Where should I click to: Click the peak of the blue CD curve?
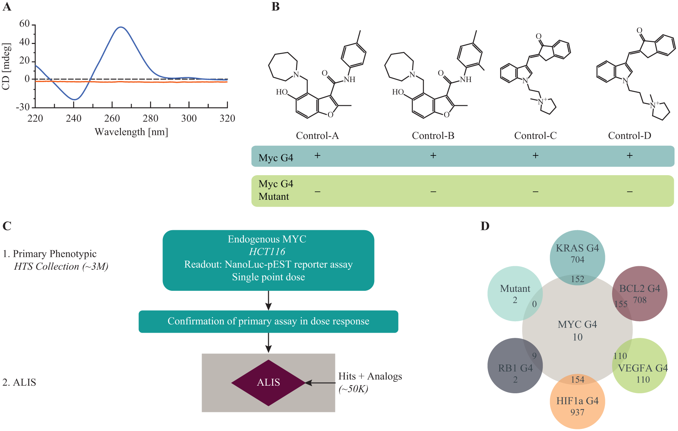(120, 27)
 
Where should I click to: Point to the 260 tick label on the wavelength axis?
(112, 119)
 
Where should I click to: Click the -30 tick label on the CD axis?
(23, 107)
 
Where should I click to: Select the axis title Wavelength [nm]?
(131, 132)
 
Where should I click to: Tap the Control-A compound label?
(317, 135)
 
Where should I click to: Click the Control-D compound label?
(629, 135)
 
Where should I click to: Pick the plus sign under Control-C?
(536, 155)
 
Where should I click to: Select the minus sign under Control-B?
(433, 191)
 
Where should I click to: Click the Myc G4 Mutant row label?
(276, 190)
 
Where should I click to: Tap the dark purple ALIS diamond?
(268, 383)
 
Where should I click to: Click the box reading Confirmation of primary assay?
(268, 322)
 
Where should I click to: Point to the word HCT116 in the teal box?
(267, 252)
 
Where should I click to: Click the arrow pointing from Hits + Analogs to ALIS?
(320, 383)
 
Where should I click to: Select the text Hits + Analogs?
(370, 376)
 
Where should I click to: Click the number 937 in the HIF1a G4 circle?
(578, 412)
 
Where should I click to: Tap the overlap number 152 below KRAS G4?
(578, 279)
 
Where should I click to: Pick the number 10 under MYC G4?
(578, 337)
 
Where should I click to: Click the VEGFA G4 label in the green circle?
(643, 368)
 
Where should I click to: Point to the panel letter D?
(485, 226)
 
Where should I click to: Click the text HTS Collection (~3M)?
(61, 267)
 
